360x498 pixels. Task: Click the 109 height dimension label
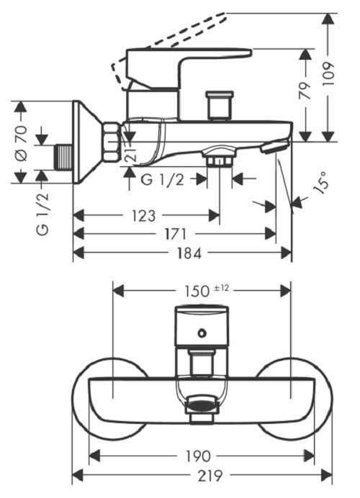point(328,73)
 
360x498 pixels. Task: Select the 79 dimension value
point(305,91)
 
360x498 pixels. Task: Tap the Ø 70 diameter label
point(22,143)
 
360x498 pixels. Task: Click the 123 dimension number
point(143,216)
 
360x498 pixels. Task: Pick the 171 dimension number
point(175,235)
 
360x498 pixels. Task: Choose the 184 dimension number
point(189,253)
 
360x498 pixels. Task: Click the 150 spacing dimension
point(197,291)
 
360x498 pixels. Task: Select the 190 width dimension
point(197,456)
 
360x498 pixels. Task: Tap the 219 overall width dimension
point(210,476)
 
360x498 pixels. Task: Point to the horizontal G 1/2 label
point(163,180)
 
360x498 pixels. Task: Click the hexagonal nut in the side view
point(112,142)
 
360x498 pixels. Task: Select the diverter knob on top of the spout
point(220,106)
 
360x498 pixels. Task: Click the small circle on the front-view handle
point(202,333)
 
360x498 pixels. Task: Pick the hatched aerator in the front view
point(201,404)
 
